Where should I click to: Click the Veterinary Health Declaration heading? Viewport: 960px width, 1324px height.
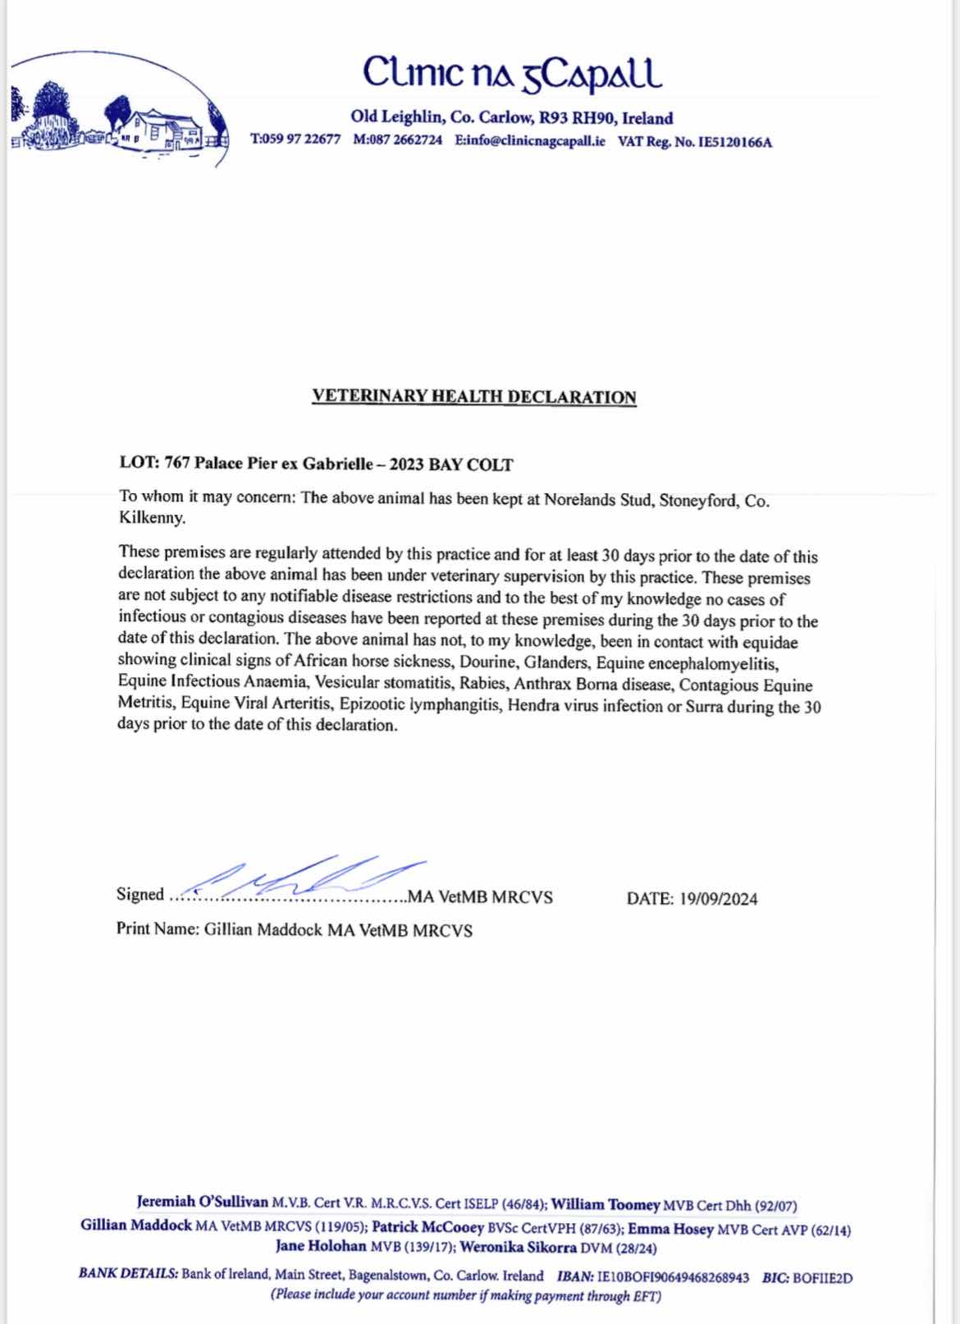click(474, 396)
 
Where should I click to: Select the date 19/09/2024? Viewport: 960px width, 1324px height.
click(718, 899)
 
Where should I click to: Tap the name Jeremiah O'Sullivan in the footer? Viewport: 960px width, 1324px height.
click(203, 1203)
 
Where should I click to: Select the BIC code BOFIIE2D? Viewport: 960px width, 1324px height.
click(823, 1277)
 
